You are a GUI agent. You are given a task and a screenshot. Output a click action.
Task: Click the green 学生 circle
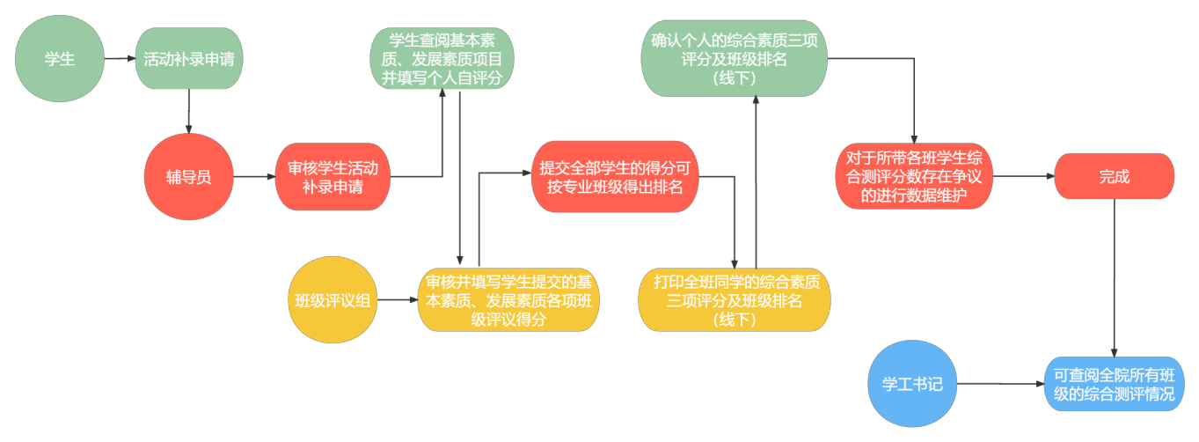(60, 59)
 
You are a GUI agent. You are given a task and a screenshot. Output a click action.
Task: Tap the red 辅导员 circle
(189, 177)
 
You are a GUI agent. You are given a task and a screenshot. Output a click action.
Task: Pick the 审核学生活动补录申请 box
(333, 177)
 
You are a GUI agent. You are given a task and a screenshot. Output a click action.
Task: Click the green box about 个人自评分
(442, 59)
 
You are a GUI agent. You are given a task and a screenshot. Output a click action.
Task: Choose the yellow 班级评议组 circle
(333, 300)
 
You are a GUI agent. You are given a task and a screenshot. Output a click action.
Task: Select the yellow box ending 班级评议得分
(508, 300)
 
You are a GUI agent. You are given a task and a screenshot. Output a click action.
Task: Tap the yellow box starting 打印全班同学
(735, 300)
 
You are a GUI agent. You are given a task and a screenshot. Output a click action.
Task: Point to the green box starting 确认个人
(734, 59)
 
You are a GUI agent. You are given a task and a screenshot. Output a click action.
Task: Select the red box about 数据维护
(914, 177)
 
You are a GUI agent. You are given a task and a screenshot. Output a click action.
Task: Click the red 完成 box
(1114, 176)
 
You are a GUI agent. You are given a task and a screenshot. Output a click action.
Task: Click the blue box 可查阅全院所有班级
(1114, 385)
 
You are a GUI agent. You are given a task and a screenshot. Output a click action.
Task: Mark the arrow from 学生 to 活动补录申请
(120, 59)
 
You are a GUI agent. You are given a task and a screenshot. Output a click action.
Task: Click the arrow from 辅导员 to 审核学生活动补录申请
(254, 177)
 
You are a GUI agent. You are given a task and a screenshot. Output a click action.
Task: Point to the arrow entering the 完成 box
(1025, 176)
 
